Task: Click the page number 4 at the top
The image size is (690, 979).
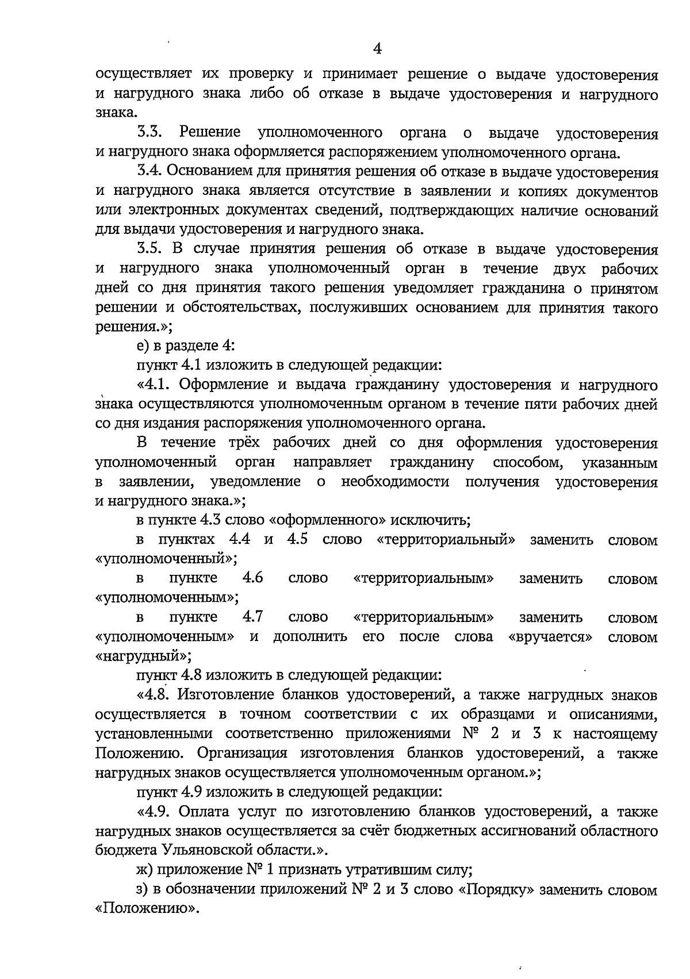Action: pyautogui.click(x=377, y=48)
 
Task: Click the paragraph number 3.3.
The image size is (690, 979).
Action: pyautogui.click(x=151, y=133)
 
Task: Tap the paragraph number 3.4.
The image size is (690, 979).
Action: pyautogui.click(x=151, y=172)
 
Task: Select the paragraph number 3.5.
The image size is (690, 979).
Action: pyautogui.click(x=151, y=249)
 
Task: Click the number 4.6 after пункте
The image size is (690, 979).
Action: pyautogui.click(x=253, y=578)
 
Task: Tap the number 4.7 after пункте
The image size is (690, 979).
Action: pyautogui.click(x=253, y=617)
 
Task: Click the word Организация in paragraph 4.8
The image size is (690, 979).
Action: pyautogui.click(x=246, y=754)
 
